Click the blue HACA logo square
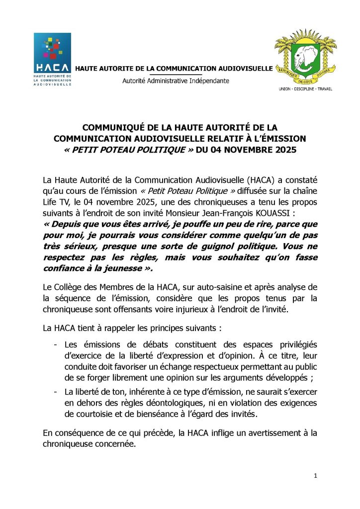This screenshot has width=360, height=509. [x=52, y=52]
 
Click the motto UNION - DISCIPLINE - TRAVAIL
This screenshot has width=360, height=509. [x=305, y=89]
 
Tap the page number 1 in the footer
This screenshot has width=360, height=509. [x=315, y=476]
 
